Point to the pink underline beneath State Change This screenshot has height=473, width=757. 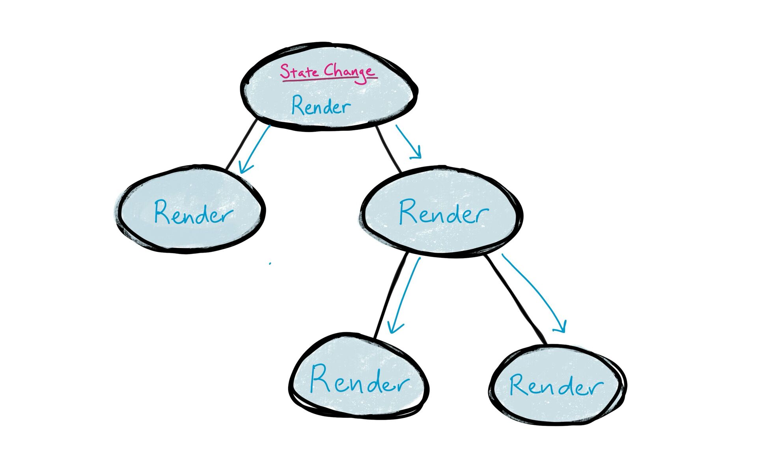point(329,79)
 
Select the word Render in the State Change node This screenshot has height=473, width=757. point(321,106)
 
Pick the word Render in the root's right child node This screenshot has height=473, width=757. point(444,213)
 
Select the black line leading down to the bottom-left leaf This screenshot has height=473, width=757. point(390,296)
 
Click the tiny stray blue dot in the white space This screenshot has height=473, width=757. point(270,263)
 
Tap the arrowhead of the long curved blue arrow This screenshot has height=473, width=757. point(562,327)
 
